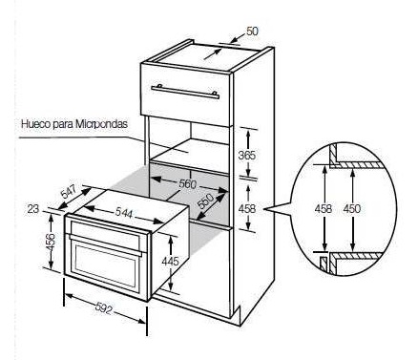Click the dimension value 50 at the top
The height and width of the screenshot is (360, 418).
click(252, 32)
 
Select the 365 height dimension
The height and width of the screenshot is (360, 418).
click(247, 155)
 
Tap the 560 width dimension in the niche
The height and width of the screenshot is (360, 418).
click(187, 184)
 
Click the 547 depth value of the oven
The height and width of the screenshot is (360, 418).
click(69, 192)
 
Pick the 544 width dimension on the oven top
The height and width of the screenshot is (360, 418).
click(123, 213)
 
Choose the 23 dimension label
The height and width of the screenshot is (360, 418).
click(33, 209)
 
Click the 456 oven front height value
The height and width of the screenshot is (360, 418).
click(51, 242)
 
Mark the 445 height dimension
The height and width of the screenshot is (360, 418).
click(170, 262)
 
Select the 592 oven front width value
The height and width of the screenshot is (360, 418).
click(104, 309)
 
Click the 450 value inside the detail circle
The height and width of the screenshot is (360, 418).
click(352, 209)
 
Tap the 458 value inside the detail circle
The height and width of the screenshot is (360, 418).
click(324, 209)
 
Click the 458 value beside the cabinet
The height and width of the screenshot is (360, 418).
click(247, 209)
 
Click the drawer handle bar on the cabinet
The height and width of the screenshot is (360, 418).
click(185, 92)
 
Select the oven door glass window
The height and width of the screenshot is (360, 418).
click(105, 265)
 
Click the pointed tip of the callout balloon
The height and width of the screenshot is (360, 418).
click(265, 209)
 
